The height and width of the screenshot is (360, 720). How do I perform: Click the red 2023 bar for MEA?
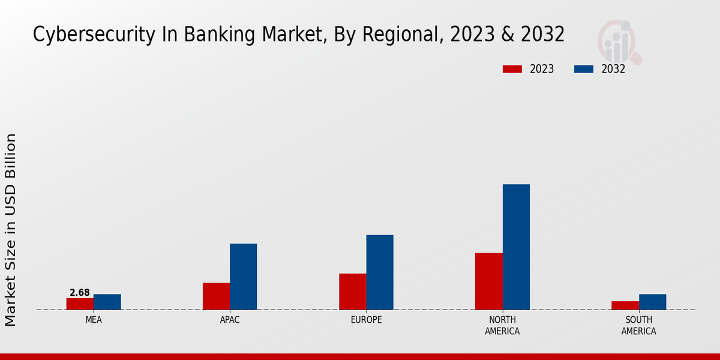click(x=80, y=304)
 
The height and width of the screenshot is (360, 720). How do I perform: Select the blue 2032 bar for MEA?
click(x=107, y=302)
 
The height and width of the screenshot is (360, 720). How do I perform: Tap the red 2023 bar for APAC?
click(x=216, y=296)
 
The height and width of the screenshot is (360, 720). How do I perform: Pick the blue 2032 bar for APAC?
click(x=244, y=277)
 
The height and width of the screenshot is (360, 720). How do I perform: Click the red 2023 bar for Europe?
click(x=353, y=292)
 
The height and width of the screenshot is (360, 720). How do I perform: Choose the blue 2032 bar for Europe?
click(x=380, y=272)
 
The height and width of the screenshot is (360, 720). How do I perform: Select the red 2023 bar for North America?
click(x=489, y=281)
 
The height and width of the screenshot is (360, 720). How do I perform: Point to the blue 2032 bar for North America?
click(x=516, y=247)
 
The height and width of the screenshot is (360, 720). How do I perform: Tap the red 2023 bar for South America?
click(x=625, y=305)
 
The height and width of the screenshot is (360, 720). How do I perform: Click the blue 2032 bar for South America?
click(x=653, y=302)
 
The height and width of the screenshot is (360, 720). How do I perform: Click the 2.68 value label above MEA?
click(x=80, y=293)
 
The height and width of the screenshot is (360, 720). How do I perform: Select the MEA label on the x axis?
click(x=94, y=320)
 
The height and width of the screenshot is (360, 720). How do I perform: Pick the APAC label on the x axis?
click(x=230, y=320)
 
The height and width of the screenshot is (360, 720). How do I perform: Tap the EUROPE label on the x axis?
click(x=367, y=320)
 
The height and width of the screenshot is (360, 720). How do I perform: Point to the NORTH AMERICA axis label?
click(x=503, y=325)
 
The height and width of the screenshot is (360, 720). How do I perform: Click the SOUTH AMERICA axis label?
click(x=639, y=325)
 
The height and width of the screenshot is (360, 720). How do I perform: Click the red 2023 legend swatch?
click(x=512, y=69)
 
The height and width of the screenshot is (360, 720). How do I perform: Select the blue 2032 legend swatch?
click(x=584, y=69)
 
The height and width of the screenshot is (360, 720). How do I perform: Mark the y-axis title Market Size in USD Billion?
click(x=11, y=230)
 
